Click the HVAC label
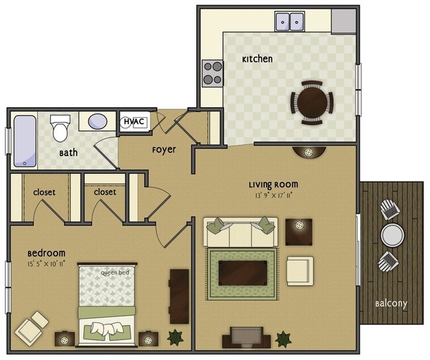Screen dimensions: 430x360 [134, 121]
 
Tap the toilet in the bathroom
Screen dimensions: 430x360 [60, 128]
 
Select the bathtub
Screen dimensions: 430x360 [25, 141]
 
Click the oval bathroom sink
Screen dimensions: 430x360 [98, 121]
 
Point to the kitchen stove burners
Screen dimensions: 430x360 [213, 73]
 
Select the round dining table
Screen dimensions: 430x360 [312, 103]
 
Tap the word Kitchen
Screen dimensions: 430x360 [257, 59]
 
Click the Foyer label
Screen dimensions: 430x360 [164, 150]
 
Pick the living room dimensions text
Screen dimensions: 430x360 [273, 195]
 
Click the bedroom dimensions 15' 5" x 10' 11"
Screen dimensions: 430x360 [46, 264]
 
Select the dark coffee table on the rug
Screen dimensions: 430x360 [243, 273]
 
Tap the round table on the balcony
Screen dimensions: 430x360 [392, 235]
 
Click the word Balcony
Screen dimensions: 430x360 [391, 304]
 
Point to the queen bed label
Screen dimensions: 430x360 [115, 273]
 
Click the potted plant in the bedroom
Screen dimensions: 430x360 [175, 337]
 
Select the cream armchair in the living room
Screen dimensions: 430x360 [300, 271]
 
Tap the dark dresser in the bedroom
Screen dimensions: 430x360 [179, 296]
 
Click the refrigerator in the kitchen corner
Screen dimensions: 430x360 [344, 21]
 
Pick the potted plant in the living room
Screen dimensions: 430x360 [283, 339]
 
